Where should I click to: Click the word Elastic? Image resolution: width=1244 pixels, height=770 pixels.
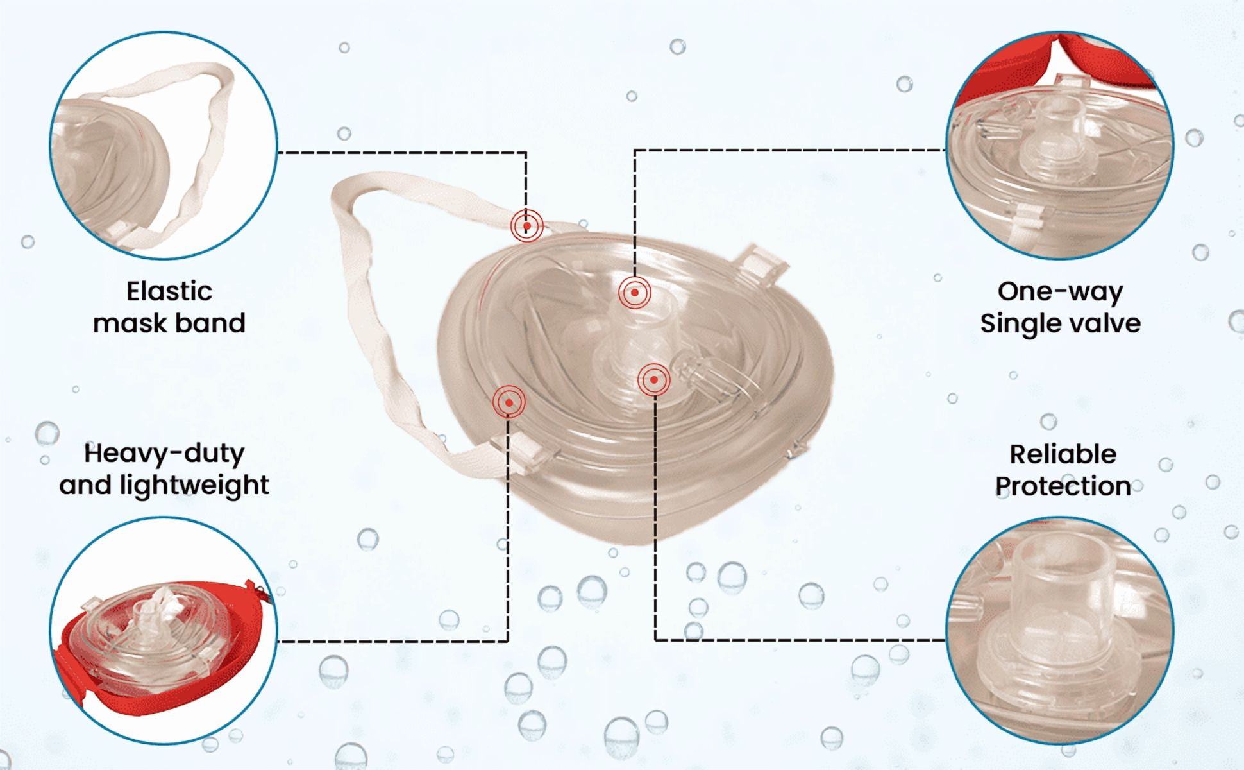point(169,291)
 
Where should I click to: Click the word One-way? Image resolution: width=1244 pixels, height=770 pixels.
point(1060,292)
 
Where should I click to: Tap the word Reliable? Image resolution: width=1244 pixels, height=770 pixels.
point(1063,454)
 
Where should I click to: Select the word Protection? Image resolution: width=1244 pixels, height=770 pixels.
point(1063,486)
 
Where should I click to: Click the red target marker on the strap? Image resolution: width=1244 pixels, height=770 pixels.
point(527,226)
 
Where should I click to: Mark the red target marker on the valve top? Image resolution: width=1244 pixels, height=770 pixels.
point(635,293)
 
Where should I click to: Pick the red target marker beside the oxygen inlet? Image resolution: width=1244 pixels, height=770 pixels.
point(654,380)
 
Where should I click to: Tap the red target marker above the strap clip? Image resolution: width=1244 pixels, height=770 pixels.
point(509,403)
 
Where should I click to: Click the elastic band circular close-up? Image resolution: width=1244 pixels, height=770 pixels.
point(164,145)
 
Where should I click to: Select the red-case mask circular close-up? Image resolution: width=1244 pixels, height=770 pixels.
point(164,631)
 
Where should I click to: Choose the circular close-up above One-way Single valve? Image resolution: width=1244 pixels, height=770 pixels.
point(1060,145)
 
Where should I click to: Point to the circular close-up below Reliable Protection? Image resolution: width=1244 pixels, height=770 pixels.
point(1060,631)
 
